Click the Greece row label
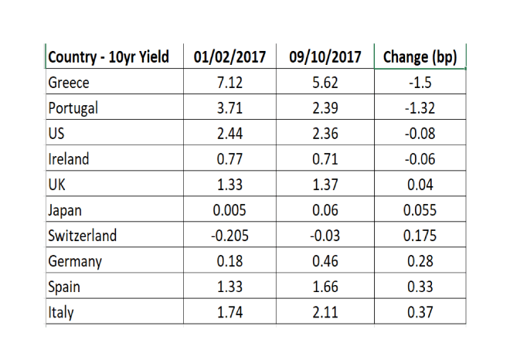pyautogui.click(x=69, y=83)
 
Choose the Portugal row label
pyautogui.click(x=73, y=108)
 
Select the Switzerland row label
pyautogui.click(x=82, y=235)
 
